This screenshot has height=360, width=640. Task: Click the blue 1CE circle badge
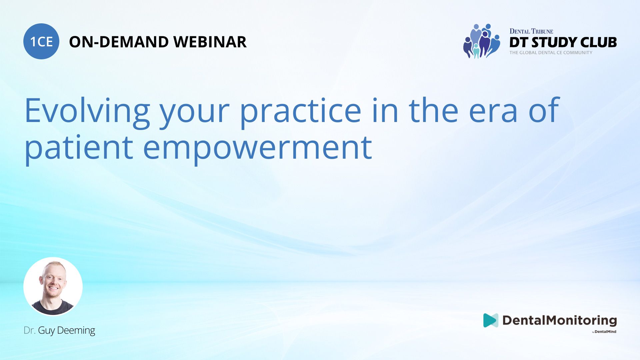tap(41, 41)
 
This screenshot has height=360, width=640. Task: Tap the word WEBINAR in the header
tap(210, 42)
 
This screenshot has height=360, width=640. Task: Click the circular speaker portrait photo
tap(53, 286)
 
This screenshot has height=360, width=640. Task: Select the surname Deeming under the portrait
tap(76, 330)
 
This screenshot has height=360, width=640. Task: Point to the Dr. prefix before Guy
tap(30, 330)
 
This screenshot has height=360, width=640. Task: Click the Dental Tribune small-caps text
tap(531, 31)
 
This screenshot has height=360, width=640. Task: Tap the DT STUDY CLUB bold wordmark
tap(563, 42)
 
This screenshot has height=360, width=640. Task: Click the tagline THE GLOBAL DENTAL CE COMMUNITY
tap(551, 53)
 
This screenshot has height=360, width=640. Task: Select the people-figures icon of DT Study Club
tap(482, 41)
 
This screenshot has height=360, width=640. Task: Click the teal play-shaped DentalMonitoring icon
tap(490, 320)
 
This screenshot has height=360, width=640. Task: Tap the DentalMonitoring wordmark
tap(560, 320)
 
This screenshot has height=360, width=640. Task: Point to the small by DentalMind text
tap(604, 332)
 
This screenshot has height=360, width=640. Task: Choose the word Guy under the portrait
tap(46, 331)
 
